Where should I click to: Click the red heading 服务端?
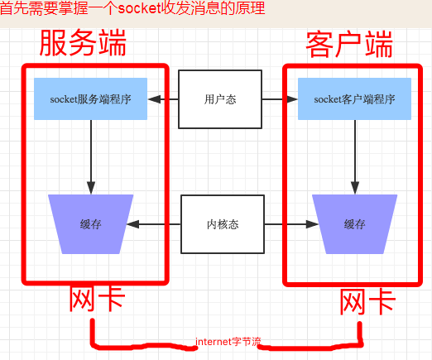click(x=83, y=43)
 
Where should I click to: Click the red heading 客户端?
click(x=349, y=45)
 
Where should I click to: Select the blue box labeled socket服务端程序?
click(x=90, y=98)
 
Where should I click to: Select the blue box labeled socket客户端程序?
click(x=354, y=98)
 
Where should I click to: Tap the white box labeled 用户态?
click(x=220, y=99)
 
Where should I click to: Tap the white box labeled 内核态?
click(x=223, y=224)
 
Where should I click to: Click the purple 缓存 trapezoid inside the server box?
click(x=91, y=224)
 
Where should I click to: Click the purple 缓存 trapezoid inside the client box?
click(x=355, y=224)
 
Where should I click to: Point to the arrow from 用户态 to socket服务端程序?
click(x=163, y=99)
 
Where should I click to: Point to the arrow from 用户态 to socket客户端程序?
click(x=280, y=99)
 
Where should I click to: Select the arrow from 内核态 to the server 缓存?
click(x=154, y=224)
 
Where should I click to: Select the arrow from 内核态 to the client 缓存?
click(x=291, y=224)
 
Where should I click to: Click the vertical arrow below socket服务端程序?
click(x=91, y=157)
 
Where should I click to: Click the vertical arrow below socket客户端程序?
click(x=355, y=157)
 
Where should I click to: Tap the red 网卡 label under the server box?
click(x=97, y=299)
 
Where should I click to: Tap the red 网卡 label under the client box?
click(x=367, y=302)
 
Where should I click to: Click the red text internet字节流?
click(x=228, y=342)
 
